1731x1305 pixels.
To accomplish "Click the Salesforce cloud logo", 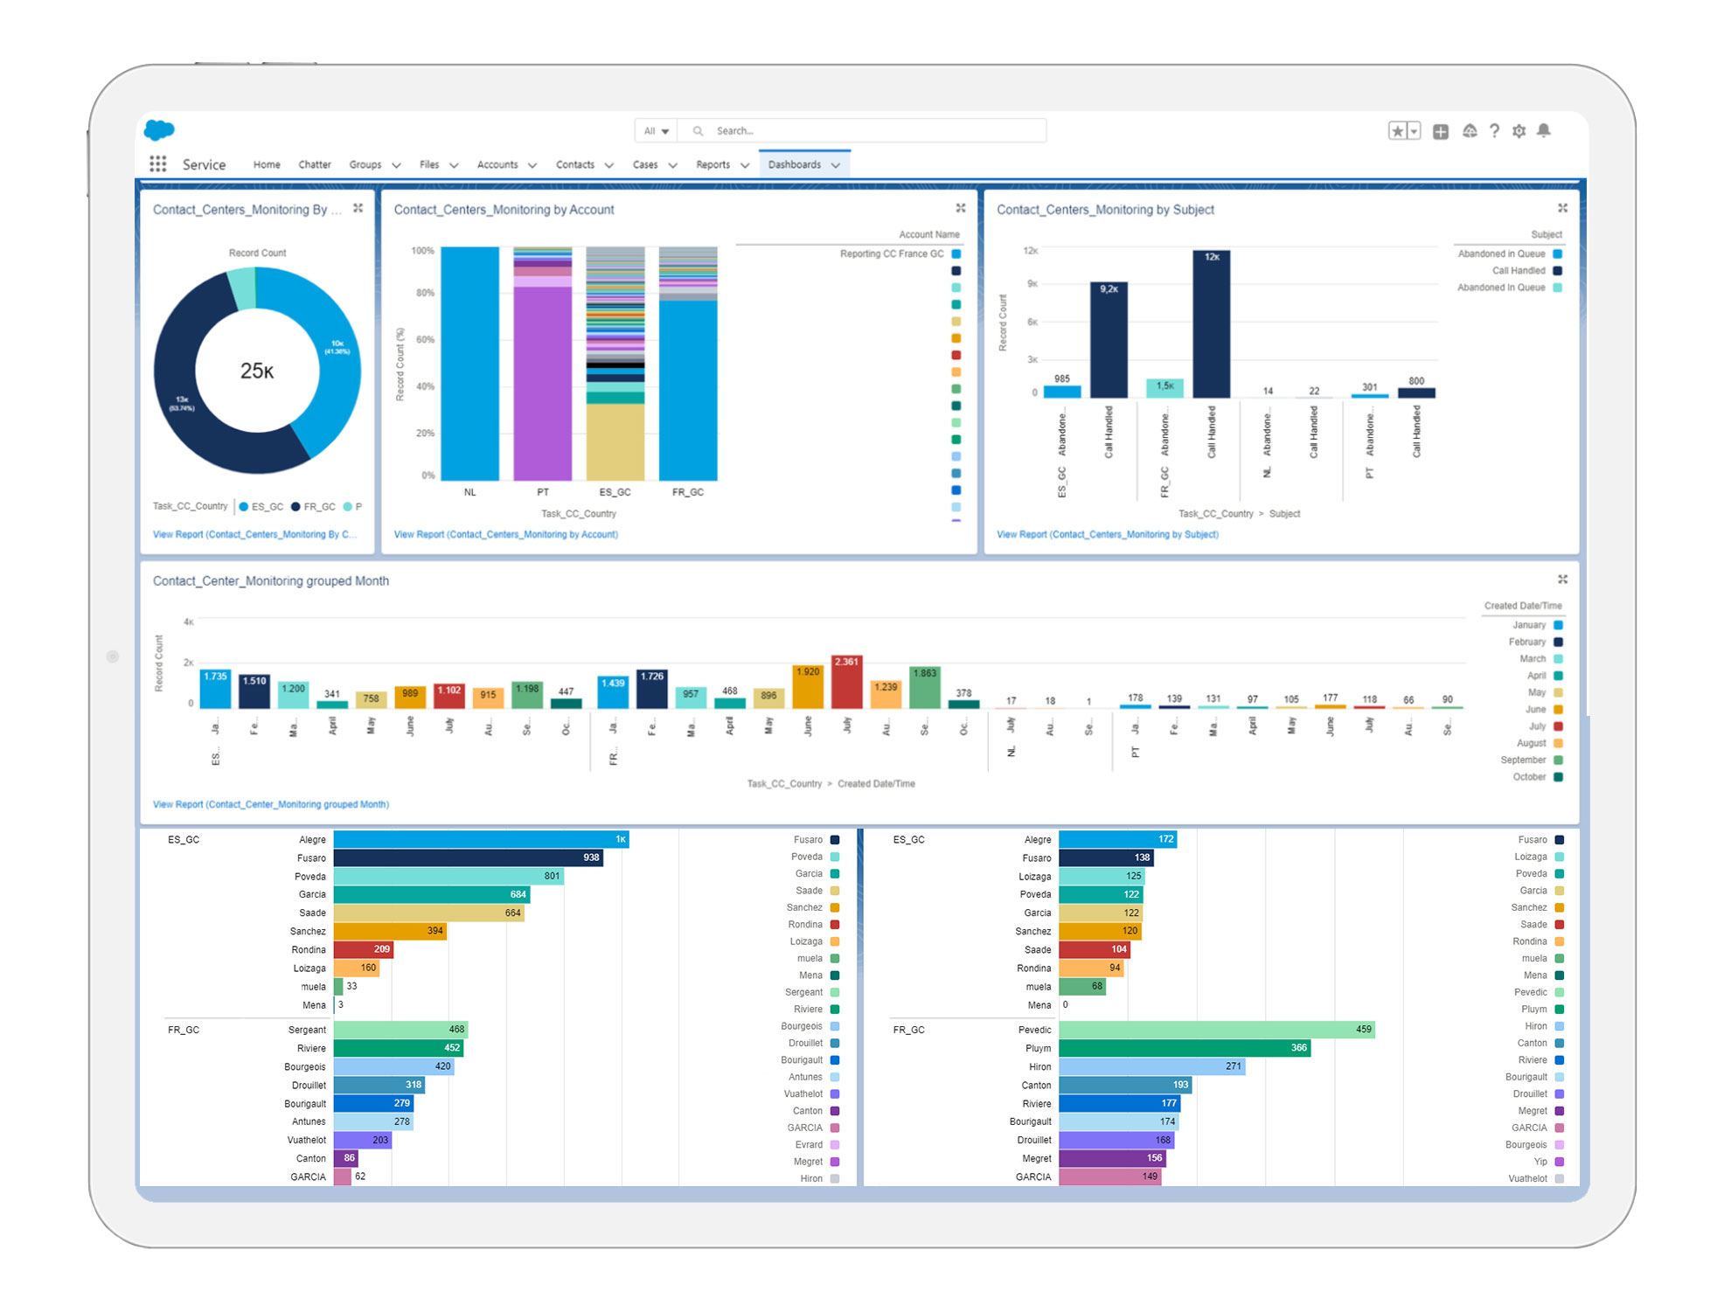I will coord(159,130).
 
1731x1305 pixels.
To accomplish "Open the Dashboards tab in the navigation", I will coord(794,164).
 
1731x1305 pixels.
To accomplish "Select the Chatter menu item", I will coord(314,164).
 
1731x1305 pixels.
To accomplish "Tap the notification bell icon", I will coord(1544,130).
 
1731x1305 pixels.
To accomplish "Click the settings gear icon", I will coord(1519,131).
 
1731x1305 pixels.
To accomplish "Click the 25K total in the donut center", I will coord(257,371).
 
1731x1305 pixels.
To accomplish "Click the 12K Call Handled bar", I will coord(1211,323).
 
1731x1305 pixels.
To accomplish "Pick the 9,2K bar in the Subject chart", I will coord(1108,341).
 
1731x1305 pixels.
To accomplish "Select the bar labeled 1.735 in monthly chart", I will coord(215,689).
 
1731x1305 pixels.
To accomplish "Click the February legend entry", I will coord(1527,642).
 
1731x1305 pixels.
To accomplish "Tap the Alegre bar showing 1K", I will coord(481,840).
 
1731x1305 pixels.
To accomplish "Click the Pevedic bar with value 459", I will coord(1215,1030).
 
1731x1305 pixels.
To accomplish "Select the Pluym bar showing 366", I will coord(1184,1048).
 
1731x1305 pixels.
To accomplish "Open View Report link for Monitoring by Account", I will coord(505,534).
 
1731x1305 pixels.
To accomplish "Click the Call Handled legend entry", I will coord(1519,271).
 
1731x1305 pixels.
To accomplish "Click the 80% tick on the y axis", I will coord(425,293).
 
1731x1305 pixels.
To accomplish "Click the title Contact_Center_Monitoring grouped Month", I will coord(271,581).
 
